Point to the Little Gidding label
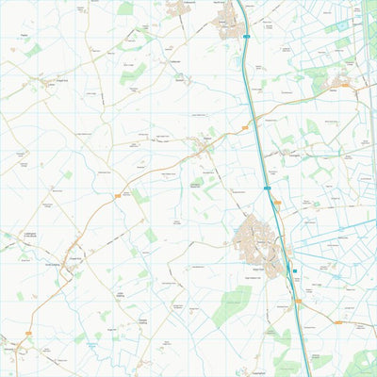(x=121, y=296)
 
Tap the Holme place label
(x=334, y=83)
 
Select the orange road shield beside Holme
(x=345, y=85)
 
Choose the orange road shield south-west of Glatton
(x=117, y=195)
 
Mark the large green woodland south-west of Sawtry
(x=231, y=306)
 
